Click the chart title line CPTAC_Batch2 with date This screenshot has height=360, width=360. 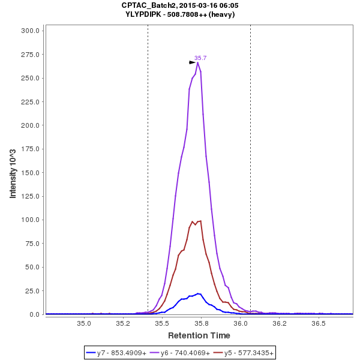179,5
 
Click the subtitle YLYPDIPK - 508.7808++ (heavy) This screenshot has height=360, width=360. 179,14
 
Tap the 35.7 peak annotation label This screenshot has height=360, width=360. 200,58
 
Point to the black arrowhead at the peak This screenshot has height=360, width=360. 193,62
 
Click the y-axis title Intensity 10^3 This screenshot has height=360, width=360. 13,172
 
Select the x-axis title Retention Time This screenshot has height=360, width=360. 199,335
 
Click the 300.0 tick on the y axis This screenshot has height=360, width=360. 30,31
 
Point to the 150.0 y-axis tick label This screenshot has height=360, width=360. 30,173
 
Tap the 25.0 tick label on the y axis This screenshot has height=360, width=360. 32,291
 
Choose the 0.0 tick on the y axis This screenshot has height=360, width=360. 34,314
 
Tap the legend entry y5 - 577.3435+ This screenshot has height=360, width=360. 243,353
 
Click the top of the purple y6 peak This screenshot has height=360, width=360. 198,62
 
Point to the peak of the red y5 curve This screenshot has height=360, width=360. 200,221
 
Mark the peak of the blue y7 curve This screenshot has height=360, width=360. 197,293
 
